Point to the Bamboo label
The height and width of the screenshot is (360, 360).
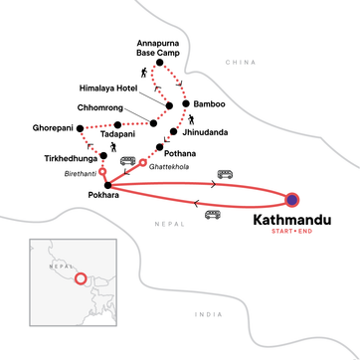[211, 104]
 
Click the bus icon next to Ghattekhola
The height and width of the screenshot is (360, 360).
[127, 161]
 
